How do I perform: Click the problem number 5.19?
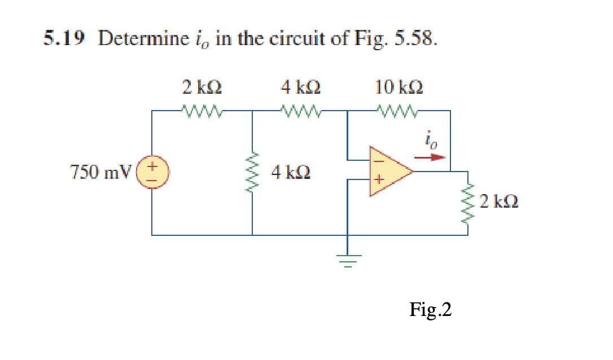tap(64, 39)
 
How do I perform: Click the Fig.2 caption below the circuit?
tap(431, 309)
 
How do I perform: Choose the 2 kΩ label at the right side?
tap(498, 200)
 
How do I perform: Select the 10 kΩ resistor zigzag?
tap(398, 111)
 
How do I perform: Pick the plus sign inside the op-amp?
tap(379, 181)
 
